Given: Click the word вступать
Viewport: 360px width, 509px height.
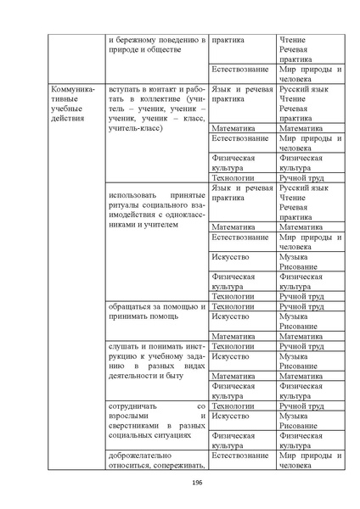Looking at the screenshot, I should [x=130, y=89].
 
